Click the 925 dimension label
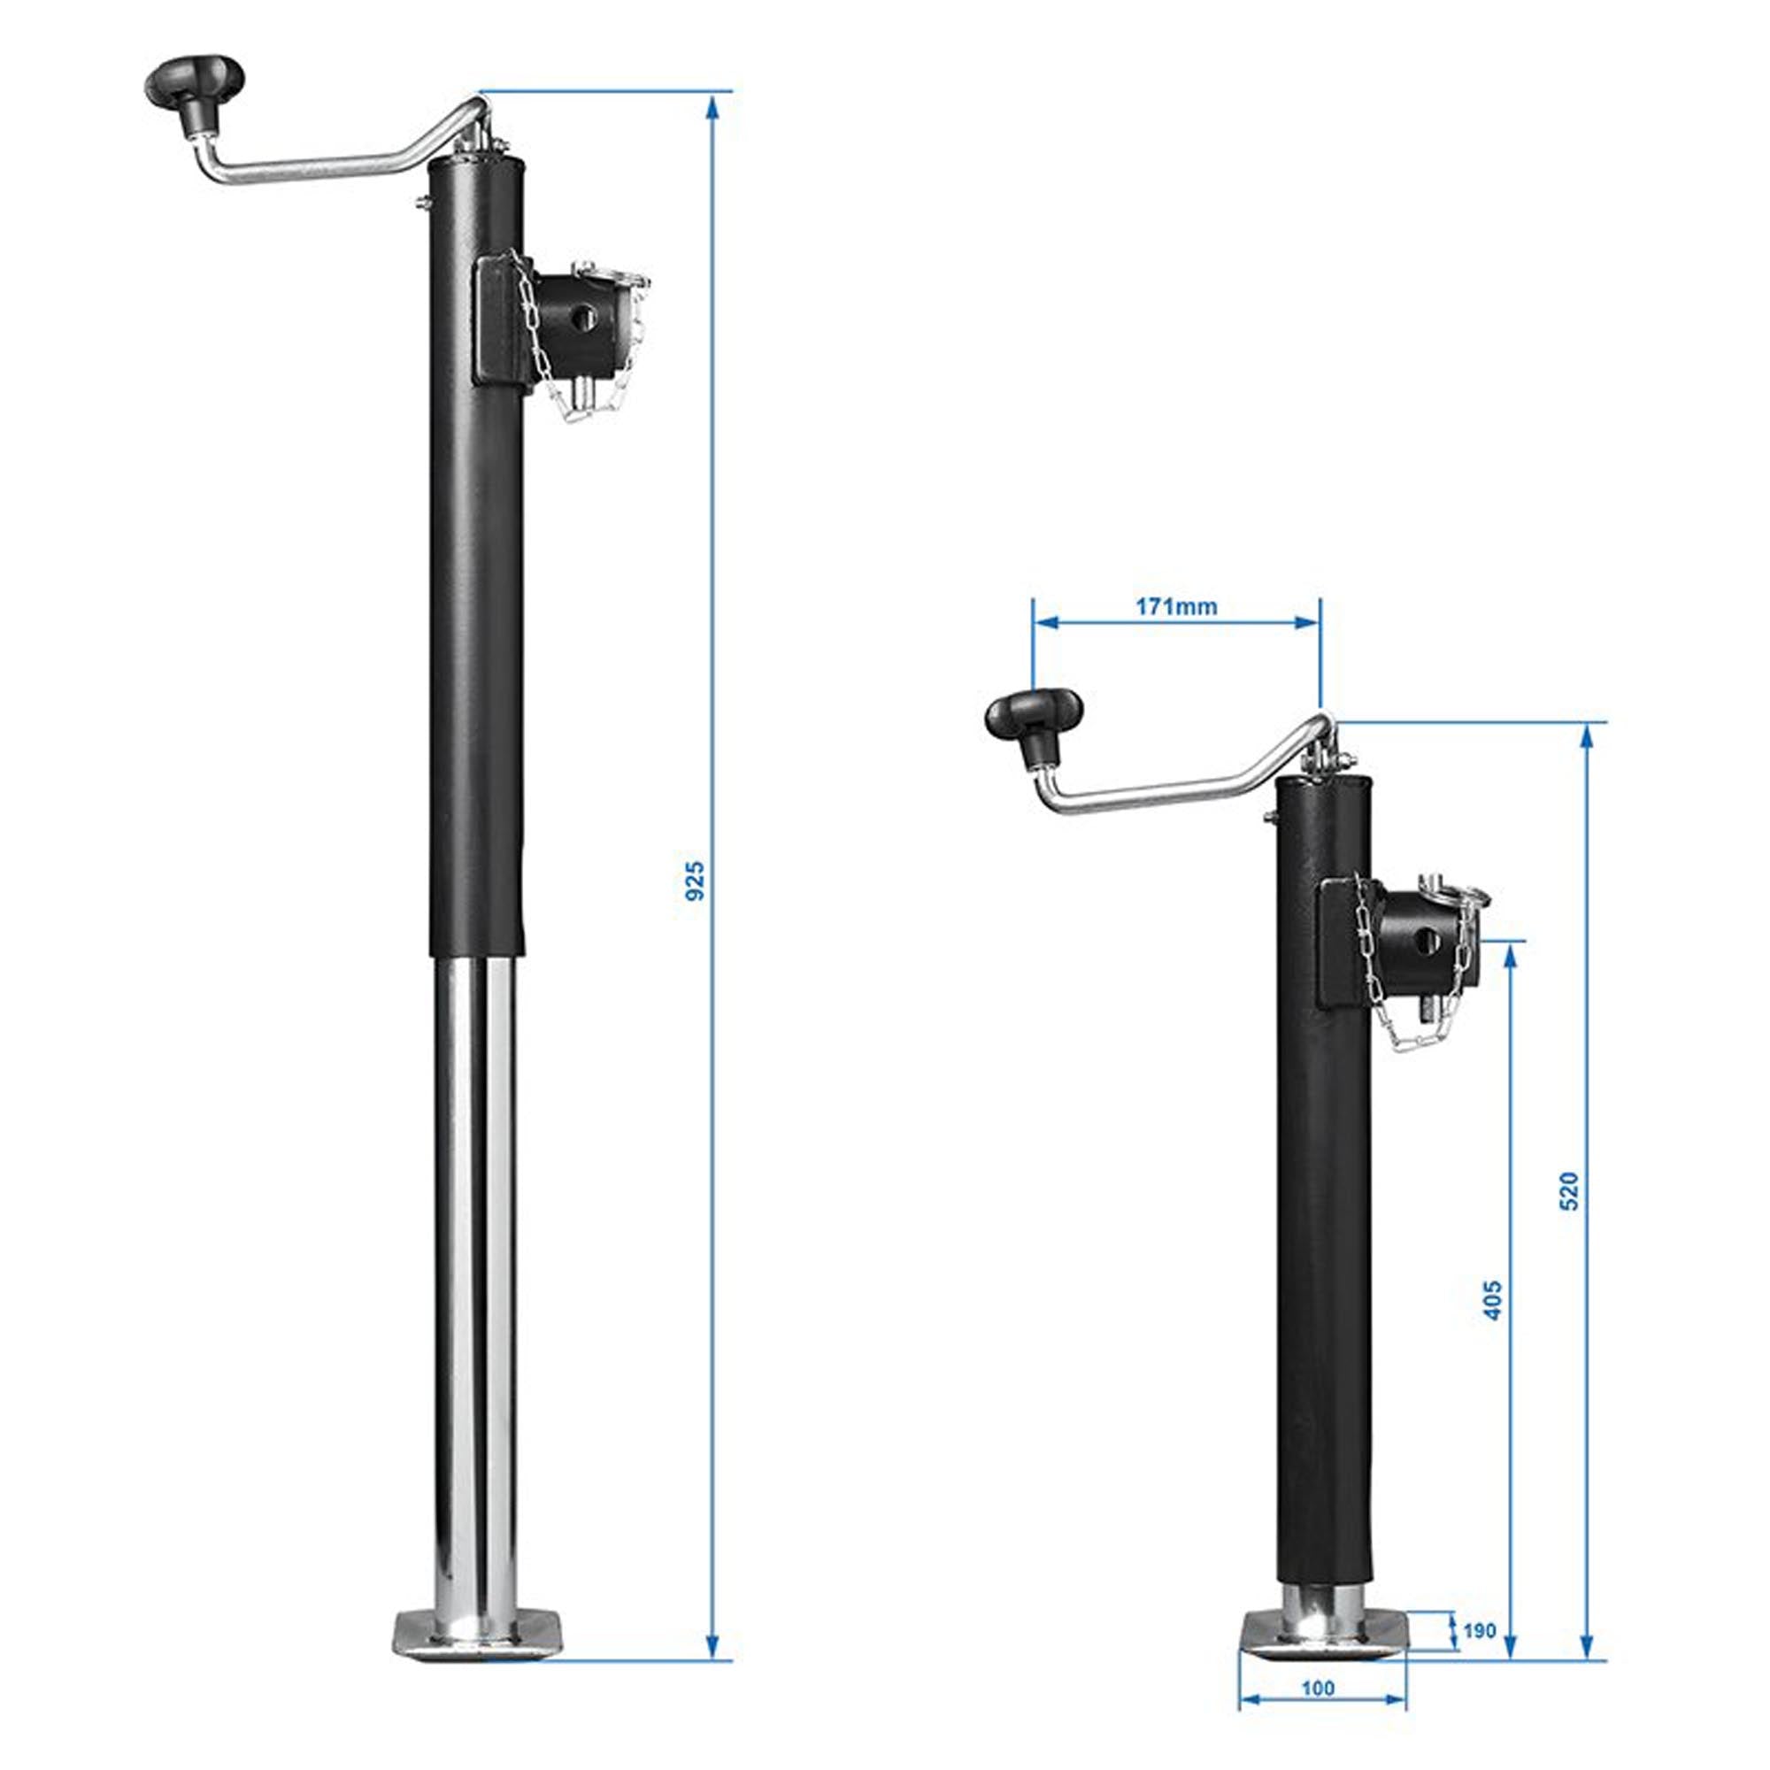[696, 880]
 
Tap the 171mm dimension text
[1176, 606]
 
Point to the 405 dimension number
[1492, 1299]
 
